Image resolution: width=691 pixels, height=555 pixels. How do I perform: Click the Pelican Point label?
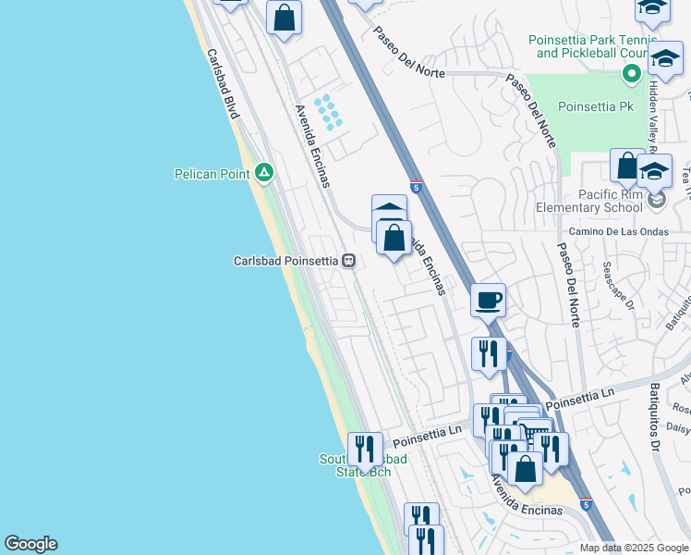click(x=213, y=173)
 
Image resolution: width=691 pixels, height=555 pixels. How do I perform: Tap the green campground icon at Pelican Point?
click(x=263, y=172)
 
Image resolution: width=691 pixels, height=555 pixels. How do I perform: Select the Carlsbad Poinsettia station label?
click(x=286, y=260)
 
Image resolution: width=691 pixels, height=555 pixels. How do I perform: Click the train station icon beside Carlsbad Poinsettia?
click(x=348, y=260)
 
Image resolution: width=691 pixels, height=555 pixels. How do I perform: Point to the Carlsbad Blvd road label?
click(x=223, y=83)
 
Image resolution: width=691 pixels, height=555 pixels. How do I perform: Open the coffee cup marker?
click(x=488, y=300)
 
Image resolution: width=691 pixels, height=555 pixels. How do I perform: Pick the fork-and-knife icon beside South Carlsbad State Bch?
click(x=365, y=449)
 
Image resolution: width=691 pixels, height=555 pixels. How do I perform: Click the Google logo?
click(x=30, y=544)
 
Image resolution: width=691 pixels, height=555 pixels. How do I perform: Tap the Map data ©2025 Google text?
click(x=635, y=548)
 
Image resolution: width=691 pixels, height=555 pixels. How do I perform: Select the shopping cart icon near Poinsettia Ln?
click(x=533, y=433)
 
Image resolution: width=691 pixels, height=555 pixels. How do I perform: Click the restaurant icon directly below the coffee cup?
click(x=489, y=353)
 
